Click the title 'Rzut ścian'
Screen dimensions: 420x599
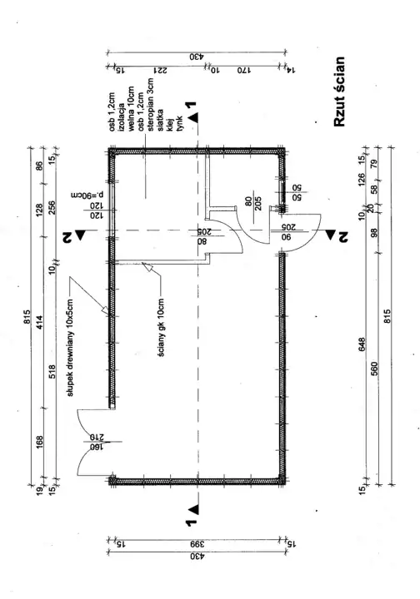pos(339,92)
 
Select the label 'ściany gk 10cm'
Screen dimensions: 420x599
pos(161,328)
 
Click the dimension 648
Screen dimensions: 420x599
pos(362,344)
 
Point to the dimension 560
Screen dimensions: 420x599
pos(374,369)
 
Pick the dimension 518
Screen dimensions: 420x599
pos(52,372)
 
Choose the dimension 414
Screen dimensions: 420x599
pos(40,323)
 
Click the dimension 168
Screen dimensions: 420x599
pos(40,442)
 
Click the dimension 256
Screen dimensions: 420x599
pos(52,208)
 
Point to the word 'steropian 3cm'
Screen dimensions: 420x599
pos(150,105)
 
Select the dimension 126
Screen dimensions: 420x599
pos(362,178)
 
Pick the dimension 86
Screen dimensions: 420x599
pos(40,166)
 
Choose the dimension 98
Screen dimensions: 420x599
pos(374,233)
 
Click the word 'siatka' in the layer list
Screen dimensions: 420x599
pos(160,120)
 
